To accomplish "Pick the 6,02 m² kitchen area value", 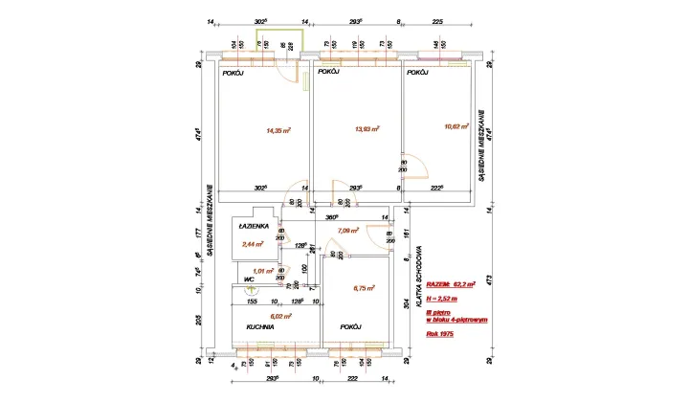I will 279,315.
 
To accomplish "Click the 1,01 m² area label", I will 252,270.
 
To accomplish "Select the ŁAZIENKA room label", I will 255,227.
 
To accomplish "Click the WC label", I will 249,280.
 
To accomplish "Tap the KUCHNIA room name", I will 261,327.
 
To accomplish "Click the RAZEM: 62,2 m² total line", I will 451,284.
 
